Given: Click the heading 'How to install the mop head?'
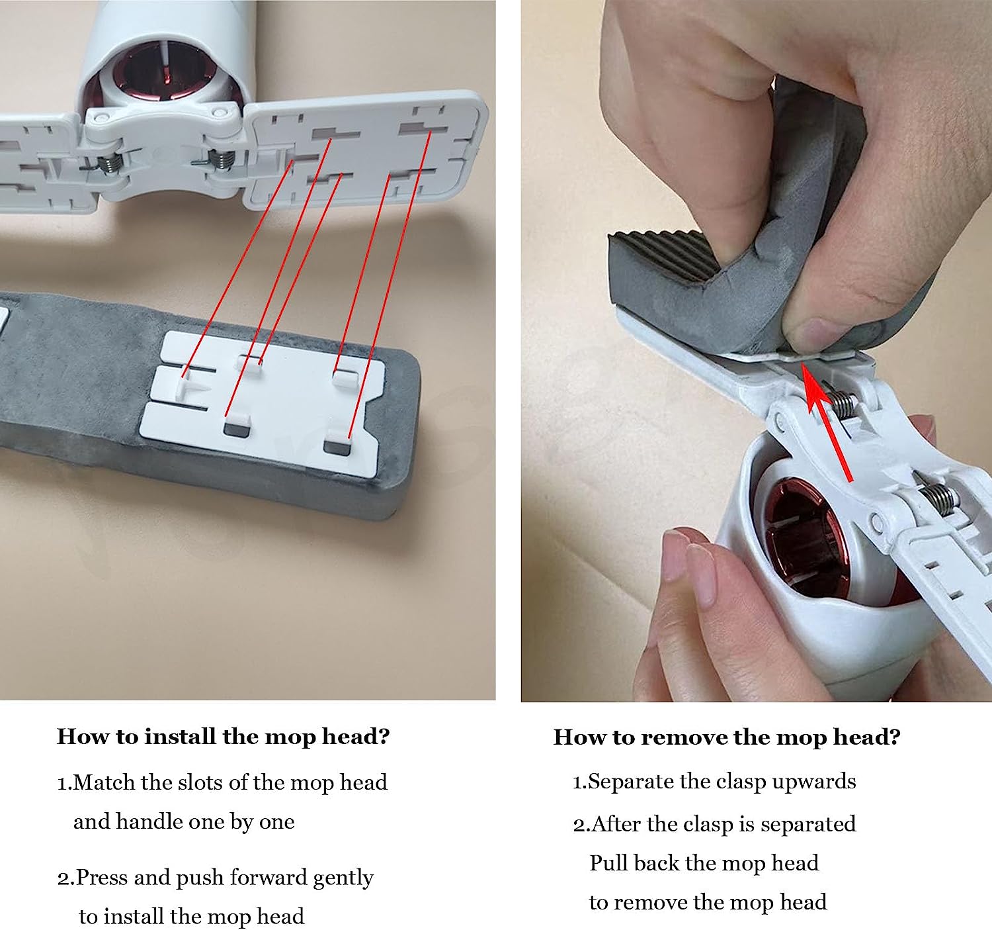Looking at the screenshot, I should (223, 736).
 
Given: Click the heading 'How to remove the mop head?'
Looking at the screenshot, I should (726, 737).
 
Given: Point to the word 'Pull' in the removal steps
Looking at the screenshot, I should (608, 863).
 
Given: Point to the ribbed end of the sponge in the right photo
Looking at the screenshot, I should (668, 255).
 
